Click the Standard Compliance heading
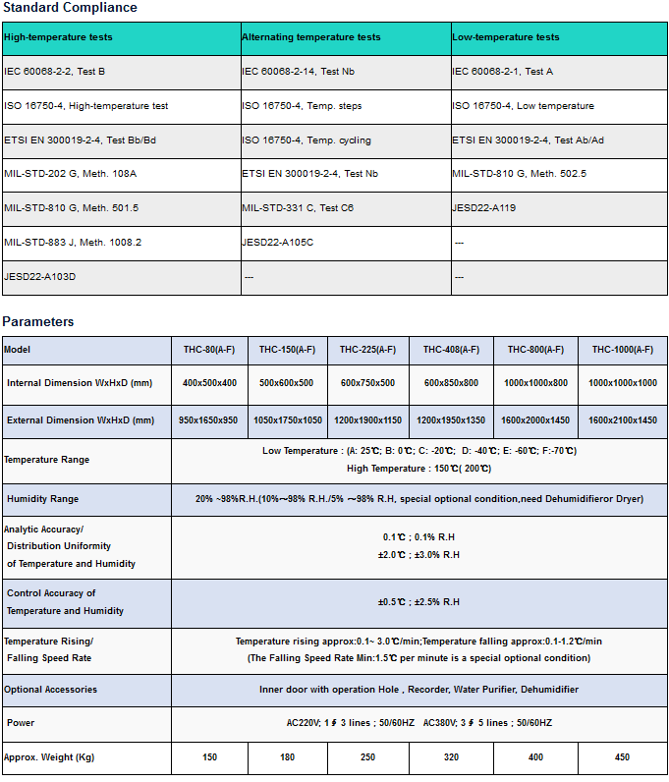coord(70,8)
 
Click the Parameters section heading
coord(38,321)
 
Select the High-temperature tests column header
coord(58,37)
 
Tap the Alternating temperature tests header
coord(311,37)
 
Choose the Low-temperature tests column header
coord(506,37)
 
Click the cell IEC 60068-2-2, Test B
coord(55,72)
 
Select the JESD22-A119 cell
coord(484,208)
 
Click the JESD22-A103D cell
coord(40,277)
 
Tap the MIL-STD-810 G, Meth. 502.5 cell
coord(520,174)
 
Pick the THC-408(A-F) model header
coord(451,350)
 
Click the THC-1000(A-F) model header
coord(622,350)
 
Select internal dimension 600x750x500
coord(367,383)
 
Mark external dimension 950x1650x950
coord(208,420)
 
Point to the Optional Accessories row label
coord(51,690)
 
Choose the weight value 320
coord(451,757)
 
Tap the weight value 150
coord(209,757)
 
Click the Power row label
coord(21,723)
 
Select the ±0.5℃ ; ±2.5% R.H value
coord(418,602)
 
